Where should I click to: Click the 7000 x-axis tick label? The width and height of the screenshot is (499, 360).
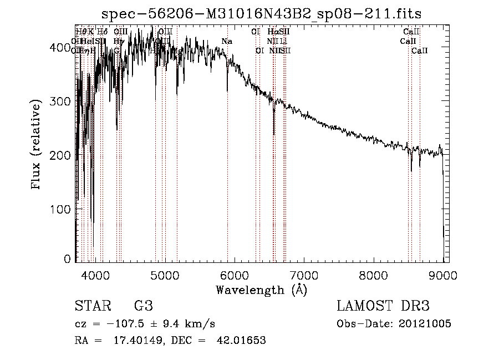click(x=303, y=275)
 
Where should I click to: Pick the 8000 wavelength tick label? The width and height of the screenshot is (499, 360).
click(x=373, y=275)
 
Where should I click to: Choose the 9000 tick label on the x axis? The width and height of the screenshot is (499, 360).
click(x=442, y=275)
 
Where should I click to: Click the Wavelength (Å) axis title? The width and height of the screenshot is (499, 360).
click(x=261, y=290)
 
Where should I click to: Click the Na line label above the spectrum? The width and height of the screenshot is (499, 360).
click(x=226, y=42)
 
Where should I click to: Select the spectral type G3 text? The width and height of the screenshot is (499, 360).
click(x=143, y=306)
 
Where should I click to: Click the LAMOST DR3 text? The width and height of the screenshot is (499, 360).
click(x=383, y=306)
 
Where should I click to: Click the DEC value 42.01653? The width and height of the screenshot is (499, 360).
click(x=241, y=341)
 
